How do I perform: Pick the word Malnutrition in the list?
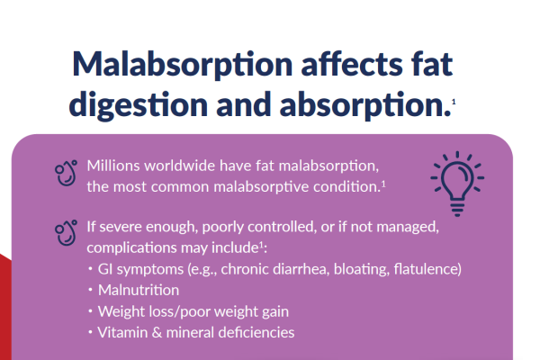pos(139,290)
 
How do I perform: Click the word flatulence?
pos(423,269)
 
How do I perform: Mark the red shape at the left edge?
pos(4,306)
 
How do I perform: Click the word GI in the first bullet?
pos(108,269)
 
